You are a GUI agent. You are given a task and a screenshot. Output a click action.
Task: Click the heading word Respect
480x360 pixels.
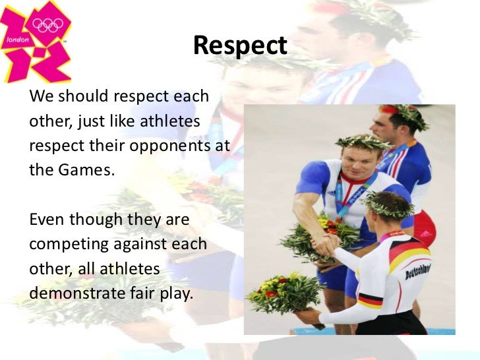tap(240, 46)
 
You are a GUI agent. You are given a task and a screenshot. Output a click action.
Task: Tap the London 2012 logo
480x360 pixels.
tap(36, 40)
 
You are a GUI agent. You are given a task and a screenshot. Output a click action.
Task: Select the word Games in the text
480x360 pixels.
tap(82, 169)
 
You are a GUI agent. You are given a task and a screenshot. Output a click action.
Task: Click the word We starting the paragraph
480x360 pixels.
tap(40, 97)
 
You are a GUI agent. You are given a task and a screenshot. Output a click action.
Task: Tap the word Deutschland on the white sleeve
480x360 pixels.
tap(417, 271)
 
